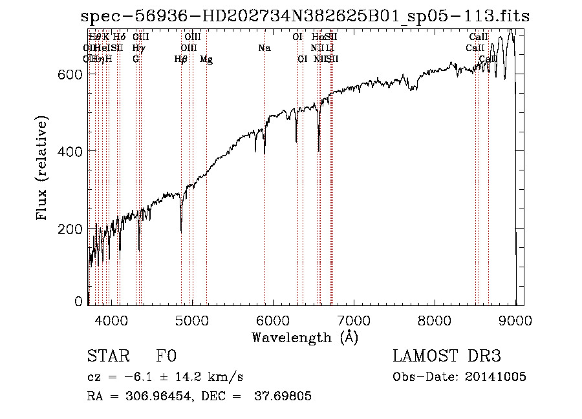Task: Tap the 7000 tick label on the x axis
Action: pyautogui.click(x=353, y=319)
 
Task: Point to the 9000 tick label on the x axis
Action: pyautogui.click(x=515, y=319)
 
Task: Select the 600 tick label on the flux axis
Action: pyautogui.click(x=69, y=74)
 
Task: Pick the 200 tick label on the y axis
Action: pyautogui.click(x=69, y=229)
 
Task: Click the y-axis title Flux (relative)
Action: pyautogui.click(x=43, y=169)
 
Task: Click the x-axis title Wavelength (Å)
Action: pyautogui.click(x=305, y=337)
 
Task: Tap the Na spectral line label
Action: pyautogui.click(x=264, y=48)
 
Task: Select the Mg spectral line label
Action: pyautogui.click(x=206, y=59)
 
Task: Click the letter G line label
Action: pyautogui.click(x=136, y=59)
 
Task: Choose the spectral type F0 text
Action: pyautogui.click(x=167, y=356)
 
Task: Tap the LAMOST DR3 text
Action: pyautogui.click(x=447, y=356)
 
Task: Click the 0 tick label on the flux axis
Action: pyautogui.click(x=79, y=301)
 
